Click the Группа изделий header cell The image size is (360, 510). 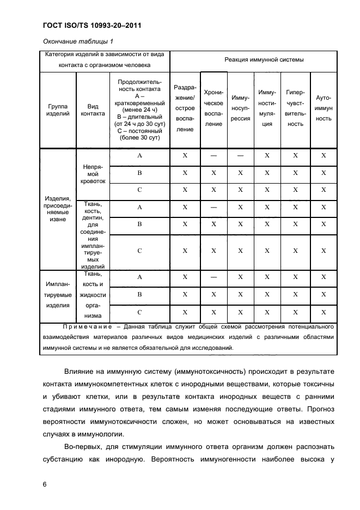(x=58, y=110)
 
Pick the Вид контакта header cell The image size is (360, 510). (x=93, y=110)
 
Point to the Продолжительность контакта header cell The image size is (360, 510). (x=139, y=110)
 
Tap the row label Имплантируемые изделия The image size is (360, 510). (x=58, y=295)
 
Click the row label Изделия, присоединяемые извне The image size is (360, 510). (x=58, y=210)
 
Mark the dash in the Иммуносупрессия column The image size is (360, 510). (x=240, y=156)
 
